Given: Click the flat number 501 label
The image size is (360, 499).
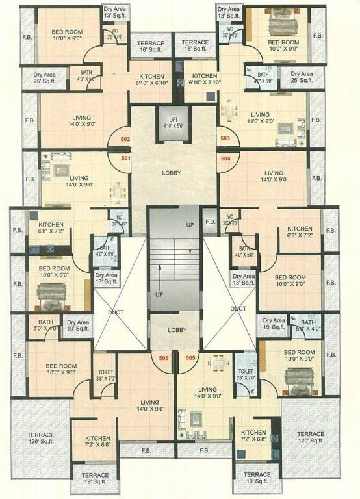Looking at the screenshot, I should tap(125, 157).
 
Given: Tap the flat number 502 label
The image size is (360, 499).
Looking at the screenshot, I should tap(125, 138).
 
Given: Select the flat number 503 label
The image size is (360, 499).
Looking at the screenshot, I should tap(225, 138).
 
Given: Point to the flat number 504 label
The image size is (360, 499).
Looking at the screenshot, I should tap(225, 158).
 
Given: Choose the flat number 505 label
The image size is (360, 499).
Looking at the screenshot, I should tap(190, 357).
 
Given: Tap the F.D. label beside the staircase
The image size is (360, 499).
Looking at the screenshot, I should tap(210, 222).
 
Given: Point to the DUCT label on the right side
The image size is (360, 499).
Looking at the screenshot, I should tap(238, 309).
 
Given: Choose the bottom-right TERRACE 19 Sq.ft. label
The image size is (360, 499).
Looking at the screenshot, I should tap(258, 478).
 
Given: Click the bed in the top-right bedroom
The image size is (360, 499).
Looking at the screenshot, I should tap(283, 26).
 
